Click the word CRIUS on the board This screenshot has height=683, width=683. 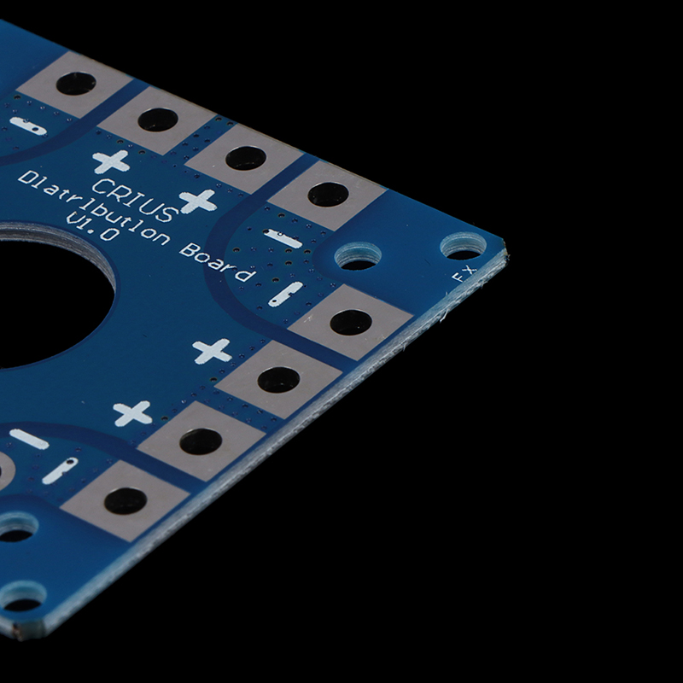pos(135,200)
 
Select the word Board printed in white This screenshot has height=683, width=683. pos(217,262)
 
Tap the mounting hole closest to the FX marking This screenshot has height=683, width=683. pos(463,247)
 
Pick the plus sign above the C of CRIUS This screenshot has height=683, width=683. pos(111,161)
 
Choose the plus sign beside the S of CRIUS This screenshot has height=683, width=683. pos(198,201)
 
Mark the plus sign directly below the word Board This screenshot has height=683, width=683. pos(212,351)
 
